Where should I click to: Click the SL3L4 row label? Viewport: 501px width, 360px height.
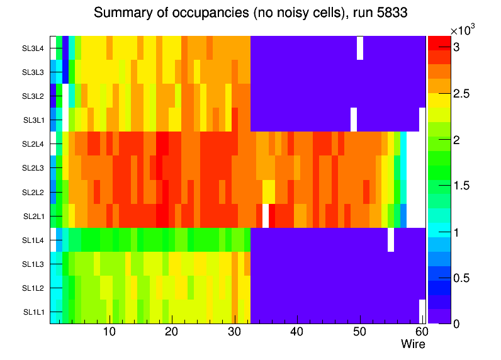click(33, 48)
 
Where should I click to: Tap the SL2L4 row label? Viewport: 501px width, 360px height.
click(33, 144)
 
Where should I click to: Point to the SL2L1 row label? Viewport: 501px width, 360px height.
click(33, 216)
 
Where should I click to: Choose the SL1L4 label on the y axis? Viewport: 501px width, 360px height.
click(33, 240)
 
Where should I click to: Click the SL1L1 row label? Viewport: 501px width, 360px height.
click(33, 312)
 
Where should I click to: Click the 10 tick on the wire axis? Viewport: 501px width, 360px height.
click(110, 332)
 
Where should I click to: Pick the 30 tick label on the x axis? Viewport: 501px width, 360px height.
click(234, 332)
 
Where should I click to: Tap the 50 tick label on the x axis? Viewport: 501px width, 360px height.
click(359, 332)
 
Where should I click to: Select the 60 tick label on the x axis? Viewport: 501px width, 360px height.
click(421, 332)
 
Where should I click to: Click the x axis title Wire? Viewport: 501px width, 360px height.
click(413, 344)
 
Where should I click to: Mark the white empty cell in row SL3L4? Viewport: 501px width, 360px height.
click(360, 48)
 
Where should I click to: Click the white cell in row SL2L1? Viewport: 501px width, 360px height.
click(266, 216)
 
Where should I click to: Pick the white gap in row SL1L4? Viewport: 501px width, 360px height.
click(391, 240)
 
